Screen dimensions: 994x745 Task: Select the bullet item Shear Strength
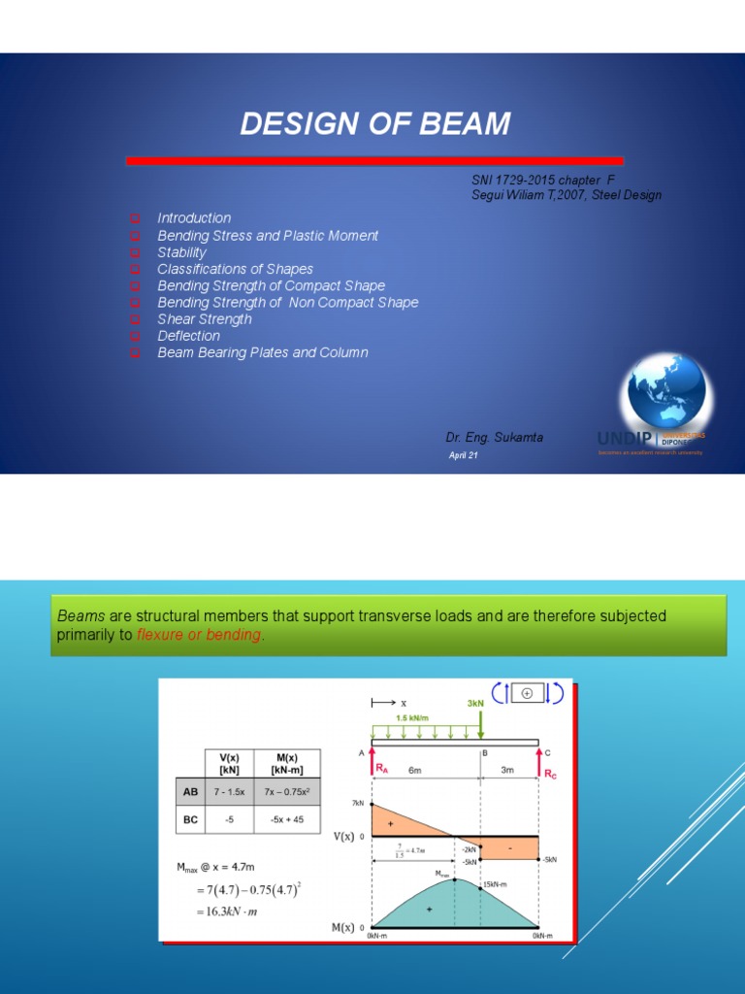click(x=204, y=319)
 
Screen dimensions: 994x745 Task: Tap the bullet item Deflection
click(x=188, y=336)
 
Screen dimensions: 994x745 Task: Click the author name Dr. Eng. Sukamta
click(x=494, y=438)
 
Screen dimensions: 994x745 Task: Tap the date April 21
click(x=463, y=455)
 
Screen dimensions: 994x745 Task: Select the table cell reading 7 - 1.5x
click(x=230, y=791)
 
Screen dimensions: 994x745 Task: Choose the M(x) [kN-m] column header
click(x=285, y=764)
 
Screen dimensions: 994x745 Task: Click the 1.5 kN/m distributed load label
click(x=413, y=718)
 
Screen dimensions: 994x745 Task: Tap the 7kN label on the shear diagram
click(x=358, y=803)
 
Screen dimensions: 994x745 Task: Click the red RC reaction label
click(x=550, y=776)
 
